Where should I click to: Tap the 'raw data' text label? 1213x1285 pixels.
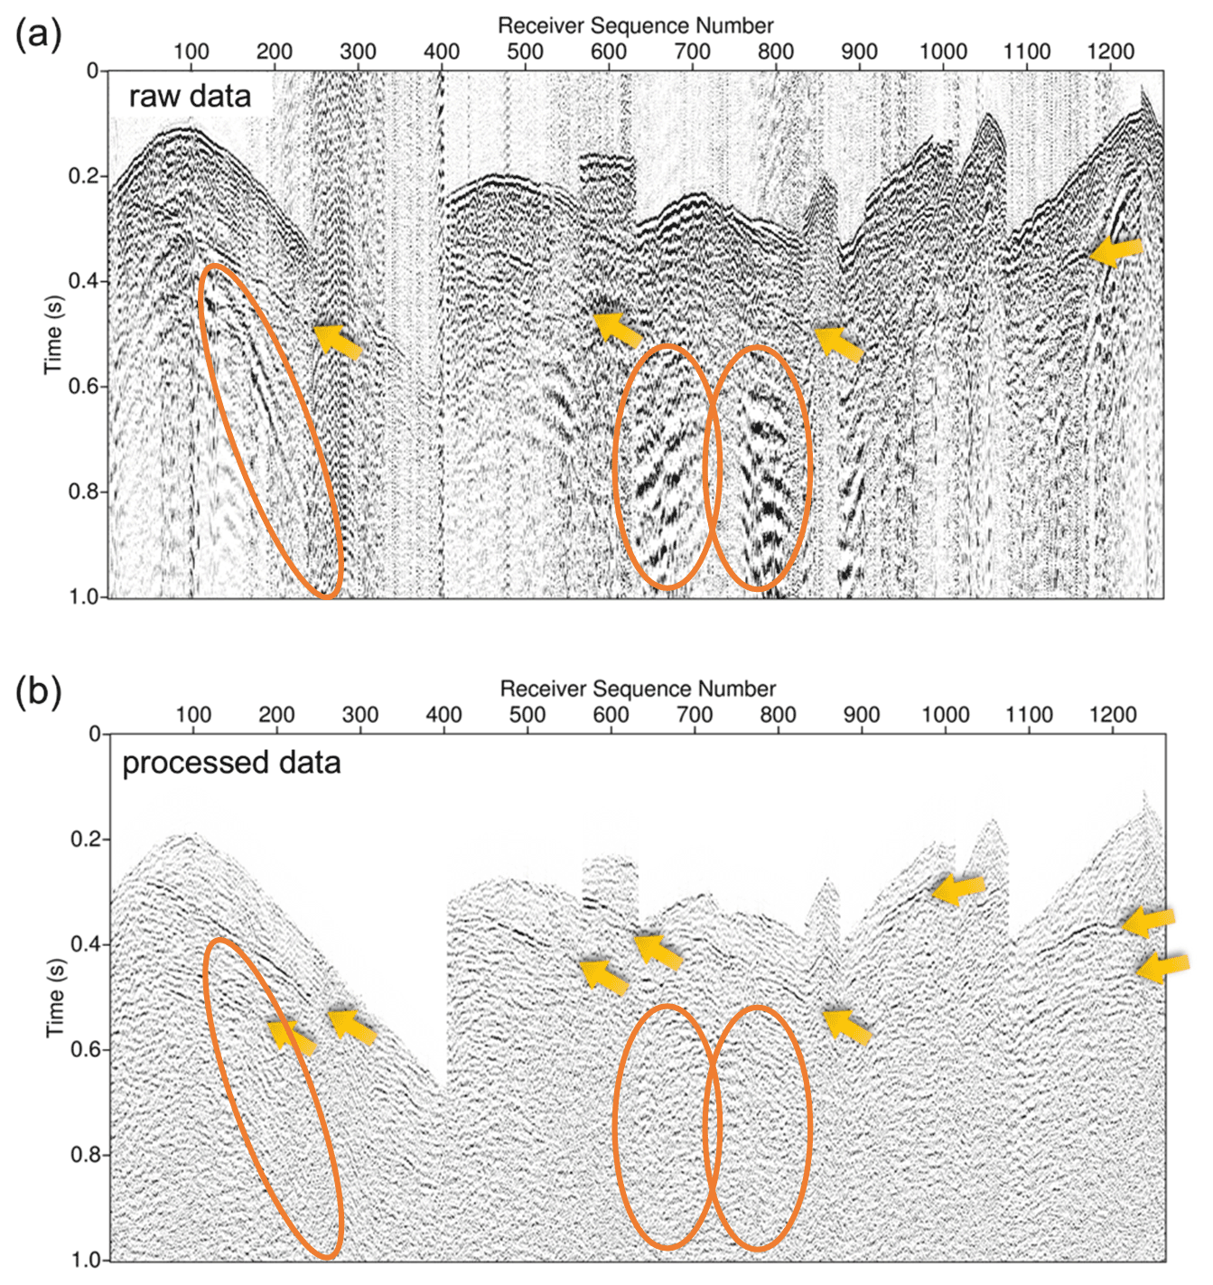point(190,96)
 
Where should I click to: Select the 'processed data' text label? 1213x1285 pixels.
point(231,763)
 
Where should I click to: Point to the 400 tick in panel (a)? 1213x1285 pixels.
point(442,52)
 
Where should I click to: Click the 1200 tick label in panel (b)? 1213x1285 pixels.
point(1112,715)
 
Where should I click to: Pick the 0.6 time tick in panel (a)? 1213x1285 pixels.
point(85,387)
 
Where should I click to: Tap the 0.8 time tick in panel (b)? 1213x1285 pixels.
point(85,1155)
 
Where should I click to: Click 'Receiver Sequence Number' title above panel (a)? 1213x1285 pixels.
point(636,25)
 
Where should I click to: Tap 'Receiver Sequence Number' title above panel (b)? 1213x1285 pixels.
point(638,689)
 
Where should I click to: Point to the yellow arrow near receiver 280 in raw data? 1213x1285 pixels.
point(338,341)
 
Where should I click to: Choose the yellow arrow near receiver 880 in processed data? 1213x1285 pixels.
point(847,1026)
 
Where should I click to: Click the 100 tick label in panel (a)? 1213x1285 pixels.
point(191,52)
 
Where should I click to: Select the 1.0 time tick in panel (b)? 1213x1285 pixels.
point(85,1260)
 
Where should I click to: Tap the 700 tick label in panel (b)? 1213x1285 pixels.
point(695,715)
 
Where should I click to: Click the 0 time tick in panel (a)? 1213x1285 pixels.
point(92,70)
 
